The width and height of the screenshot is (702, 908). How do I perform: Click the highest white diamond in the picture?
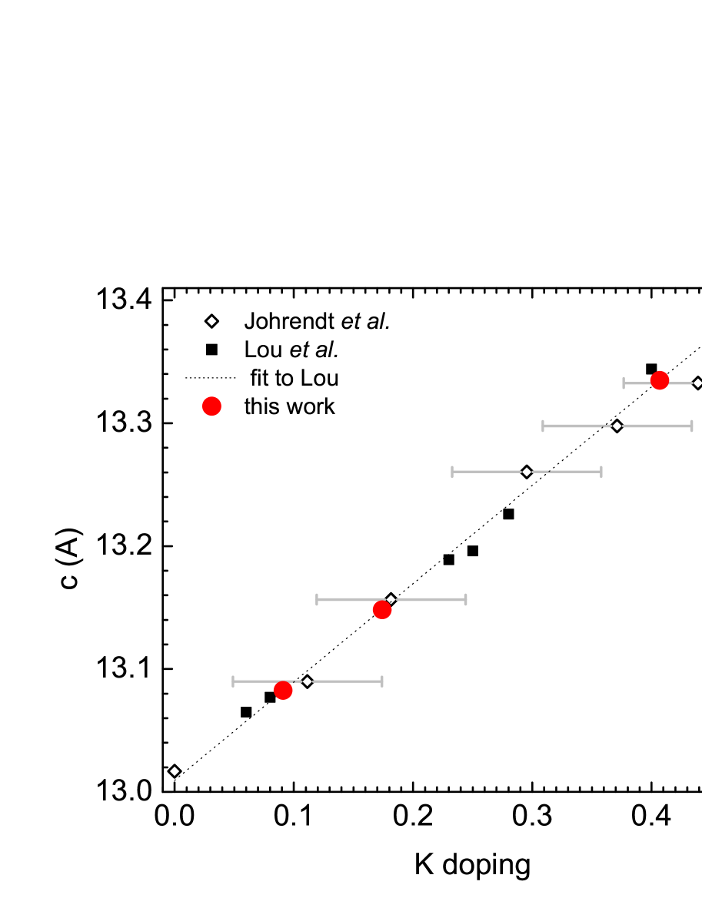click(211, 321)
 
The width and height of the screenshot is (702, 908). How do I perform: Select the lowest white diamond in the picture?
click(175, 771)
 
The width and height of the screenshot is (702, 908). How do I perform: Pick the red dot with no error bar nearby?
click(211, 406)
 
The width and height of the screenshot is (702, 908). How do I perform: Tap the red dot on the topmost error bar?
click(660, 380)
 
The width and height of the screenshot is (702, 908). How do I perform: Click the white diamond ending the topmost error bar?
click(697, 383)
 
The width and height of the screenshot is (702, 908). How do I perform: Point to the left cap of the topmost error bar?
click(624, 383)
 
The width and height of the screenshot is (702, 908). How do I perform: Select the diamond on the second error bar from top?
click(617, 426)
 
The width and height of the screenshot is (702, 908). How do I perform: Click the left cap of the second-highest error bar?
click(543, 426)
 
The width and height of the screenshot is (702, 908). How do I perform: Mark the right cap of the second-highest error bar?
click(691, 426)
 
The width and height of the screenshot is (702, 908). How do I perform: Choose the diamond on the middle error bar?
click(527, 472)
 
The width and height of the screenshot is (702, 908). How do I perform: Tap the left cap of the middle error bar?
click(452, 472)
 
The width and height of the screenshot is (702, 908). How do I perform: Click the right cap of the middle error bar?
click(601, 472)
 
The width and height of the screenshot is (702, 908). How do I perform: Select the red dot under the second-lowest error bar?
click(382, 610)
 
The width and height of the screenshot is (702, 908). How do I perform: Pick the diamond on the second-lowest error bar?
click(391, 599)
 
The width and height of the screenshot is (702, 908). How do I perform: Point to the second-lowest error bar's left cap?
click(317, 599)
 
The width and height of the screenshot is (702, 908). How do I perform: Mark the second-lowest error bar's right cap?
click(465, 599)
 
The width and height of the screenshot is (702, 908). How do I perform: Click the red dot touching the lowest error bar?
click(283, 691)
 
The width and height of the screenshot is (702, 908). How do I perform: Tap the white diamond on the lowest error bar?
click(308, 681)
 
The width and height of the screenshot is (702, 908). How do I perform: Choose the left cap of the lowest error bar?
click(233, 681)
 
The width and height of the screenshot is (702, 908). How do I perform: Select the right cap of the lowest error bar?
click(381, 681)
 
